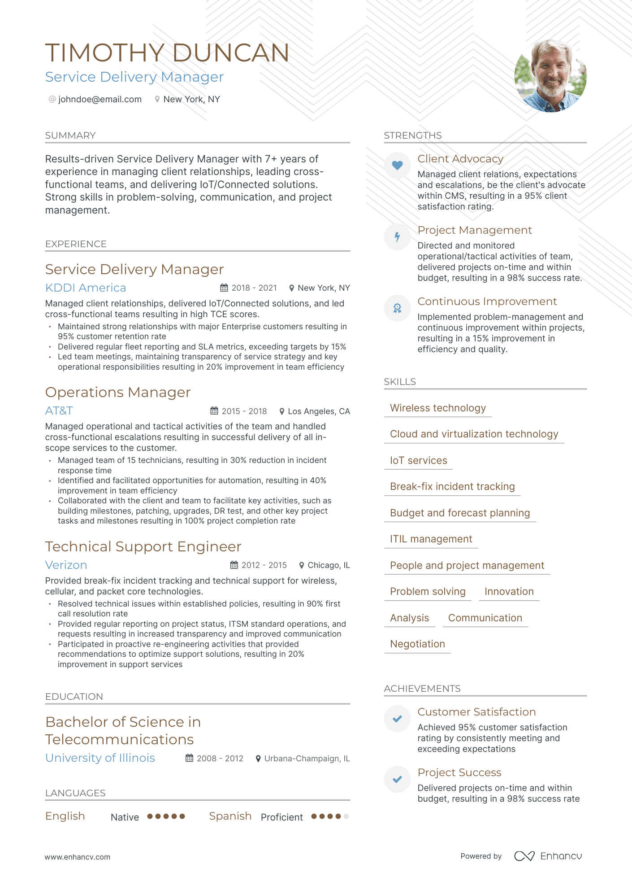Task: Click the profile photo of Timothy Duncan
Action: tap(550, 75)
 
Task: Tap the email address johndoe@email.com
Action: tap(100, 100)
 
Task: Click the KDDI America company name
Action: tap(86, 288)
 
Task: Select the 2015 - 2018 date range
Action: tap(244, 411)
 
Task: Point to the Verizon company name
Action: tap(66, 565)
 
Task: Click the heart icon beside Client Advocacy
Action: tap(397, 165)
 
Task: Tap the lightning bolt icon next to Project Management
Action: tap(397, 236)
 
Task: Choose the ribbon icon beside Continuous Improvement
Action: tap(397, 308)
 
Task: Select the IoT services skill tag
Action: tap(418, 460)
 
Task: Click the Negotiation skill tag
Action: tap(417, 644)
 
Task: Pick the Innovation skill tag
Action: tap(509, 591)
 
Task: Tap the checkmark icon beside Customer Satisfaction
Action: tap(397, 719)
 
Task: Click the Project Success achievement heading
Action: tap(459, 772)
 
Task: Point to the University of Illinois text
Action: tap(100, 758)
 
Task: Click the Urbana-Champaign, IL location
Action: tap(307, 759)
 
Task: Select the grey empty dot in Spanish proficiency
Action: tap(346, 816)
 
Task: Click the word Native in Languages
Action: tap(125, 817)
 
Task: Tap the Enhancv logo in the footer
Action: tap(548, 856)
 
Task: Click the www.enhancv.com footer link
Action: tap(77, 857)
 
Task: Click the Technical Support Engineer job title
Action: tap(143, 546)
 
